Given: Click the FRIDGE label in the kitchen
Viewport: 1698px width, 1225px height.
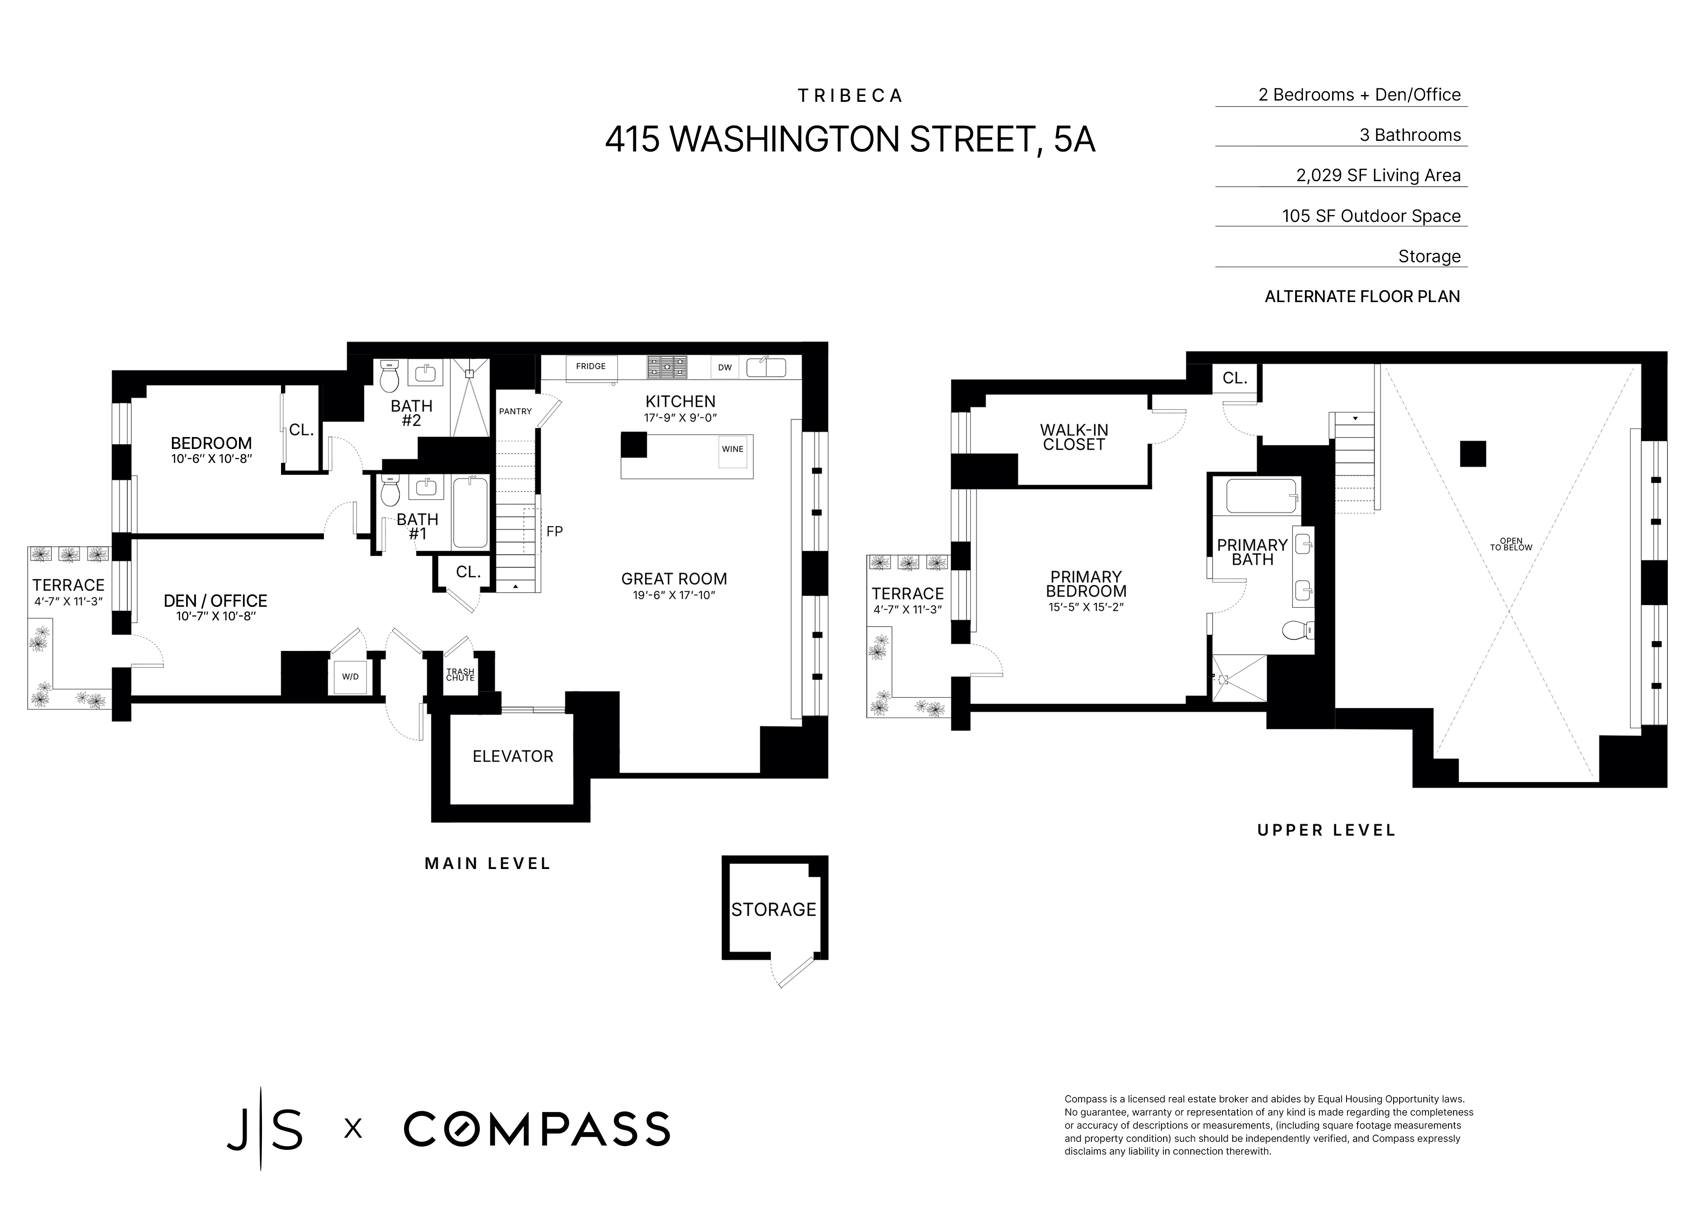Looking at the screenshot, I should coord(591,366).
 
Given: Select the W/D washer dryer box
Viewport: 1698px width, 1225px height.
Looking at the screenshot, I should coord(350,676).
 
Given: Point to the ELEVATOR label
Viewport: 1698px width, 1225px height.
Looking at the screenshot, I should coord(513,757).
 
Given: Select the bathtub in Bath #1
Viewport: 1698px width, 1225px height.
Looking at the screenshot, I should coord(470,513).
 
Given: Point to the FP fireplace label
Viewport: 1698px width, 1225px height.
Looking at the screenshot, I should coord(554,531).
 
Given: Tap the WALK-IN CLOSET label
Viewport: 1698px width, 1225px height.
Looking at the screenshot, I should coord(1074,437).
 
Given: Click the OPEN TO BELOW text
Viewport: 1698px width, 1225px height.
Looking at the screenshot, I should coord(1511,544).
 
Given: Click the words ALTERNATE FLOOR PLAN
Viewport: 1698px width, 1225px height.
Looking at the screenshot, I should coord(1362,296).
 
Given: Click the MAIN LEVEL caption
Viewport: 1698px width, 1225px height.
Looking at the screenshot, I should coord(487,863).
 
